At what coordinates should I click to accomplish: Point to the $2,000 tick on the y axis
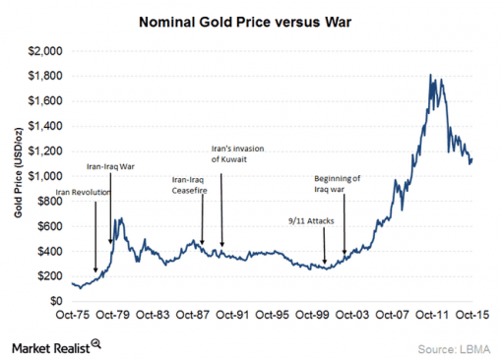point(45,50)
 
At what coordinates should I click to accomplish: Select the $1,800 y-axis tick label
point(45,76)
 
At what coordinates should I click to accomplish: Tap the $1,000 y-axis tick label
point(45,176)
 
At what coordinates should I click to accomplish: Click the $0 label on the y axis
point(55,301)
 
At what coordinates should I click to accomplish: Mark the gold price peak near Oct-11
point(430,75)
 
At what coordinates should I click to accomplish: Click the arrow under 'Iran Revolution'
point(95,236)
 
